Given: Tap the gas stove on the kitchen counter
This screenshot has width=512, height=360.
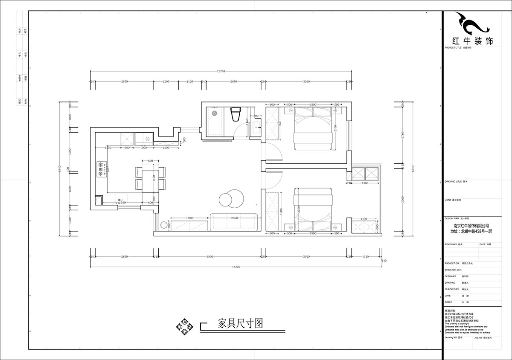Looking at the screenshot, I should [102, 168].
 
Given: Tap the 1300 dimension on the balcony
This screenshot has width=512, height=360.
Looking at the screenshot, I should [365, 183].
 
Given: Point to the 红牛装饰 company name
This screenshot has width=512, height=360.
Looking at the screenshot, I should [472, 41].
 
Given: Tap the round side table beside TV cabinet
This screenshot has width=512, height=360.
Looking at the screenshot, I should [163, 225].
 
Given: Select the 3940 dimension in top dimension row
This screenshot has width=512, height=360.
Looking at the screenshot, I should [306, 81].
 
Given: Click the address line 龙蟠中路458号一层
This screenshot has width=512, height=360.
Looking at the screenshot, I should [471, 231].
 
